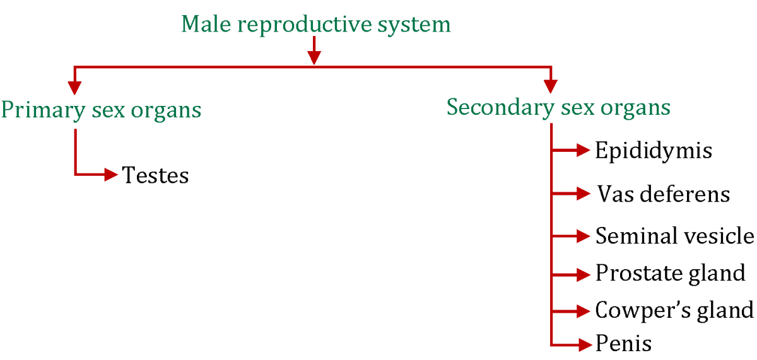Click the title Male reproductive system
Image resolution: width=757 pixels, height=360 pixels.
316,25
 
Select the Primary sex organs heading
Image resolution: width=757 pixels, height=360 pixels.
101,110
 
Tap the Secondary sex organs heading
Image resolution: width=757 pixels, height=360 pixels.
558,107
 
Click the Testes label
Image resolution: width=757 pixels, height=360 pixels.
156,175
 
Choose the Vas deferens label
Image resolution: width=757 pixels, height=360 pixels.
662,194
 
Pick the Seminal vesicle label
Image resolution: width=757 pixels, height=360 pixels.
674,236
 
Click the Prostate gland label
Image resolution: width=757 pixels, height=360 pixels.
671,274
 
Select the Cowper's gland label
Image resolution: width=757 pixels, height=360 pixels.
674,310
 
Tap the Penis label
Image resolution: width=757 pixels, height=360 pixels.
623,344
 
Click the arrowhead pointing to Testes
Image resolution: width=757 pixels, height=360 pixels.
112,174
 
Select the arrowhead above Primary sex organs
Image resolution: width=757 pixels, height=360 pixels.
75,86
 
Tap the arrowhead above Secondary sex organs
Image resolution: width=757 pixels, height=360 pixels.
551,86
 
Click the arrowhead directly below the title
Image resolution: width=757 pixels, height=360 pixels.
314,57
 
